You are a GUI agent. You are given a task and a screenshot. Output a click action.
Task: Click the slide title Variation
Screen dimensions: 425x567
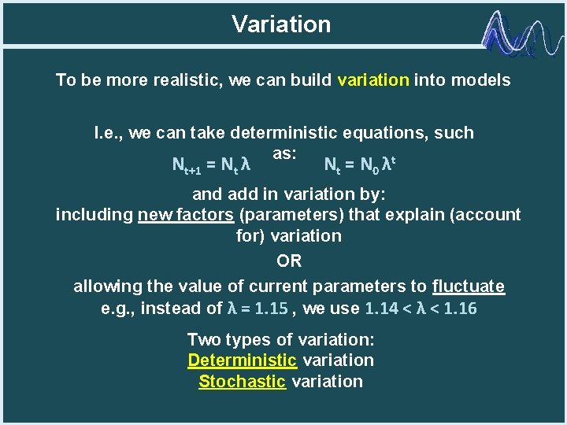coord(281,24)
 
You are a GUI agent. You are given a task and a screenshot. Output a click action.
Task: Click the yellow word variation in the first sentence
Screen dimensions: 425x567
coord(373,80)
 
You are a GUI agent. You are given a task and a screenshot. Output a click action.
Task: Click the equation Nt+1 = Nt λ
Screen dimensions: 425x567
coord(211,165)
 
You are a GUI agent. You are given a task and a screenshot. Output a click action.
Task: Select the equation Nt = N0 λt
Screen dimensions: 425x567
coord(358,165)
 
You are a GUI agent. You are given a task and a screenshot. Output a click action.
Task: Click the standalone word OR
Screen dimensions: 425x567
coord(289,261)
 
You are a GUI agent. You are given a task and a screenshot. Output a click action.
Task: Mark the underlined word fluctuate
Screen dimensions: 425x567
coord(469,286)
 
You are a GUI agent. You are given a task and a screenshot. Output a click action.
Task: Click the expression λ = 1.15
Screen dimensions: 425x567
coord(257,309)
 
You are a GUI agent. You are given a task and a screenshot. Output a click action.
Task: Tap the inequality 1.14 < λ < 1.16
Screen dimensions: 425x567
coord(421,309)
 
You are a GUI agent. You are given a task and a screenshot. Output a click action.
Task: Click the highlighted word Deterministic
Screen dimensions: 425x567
coord(242,360)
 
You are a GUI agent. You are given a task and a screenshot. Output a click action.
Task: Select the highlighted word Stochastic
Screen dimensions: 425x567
coord(242,382)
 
